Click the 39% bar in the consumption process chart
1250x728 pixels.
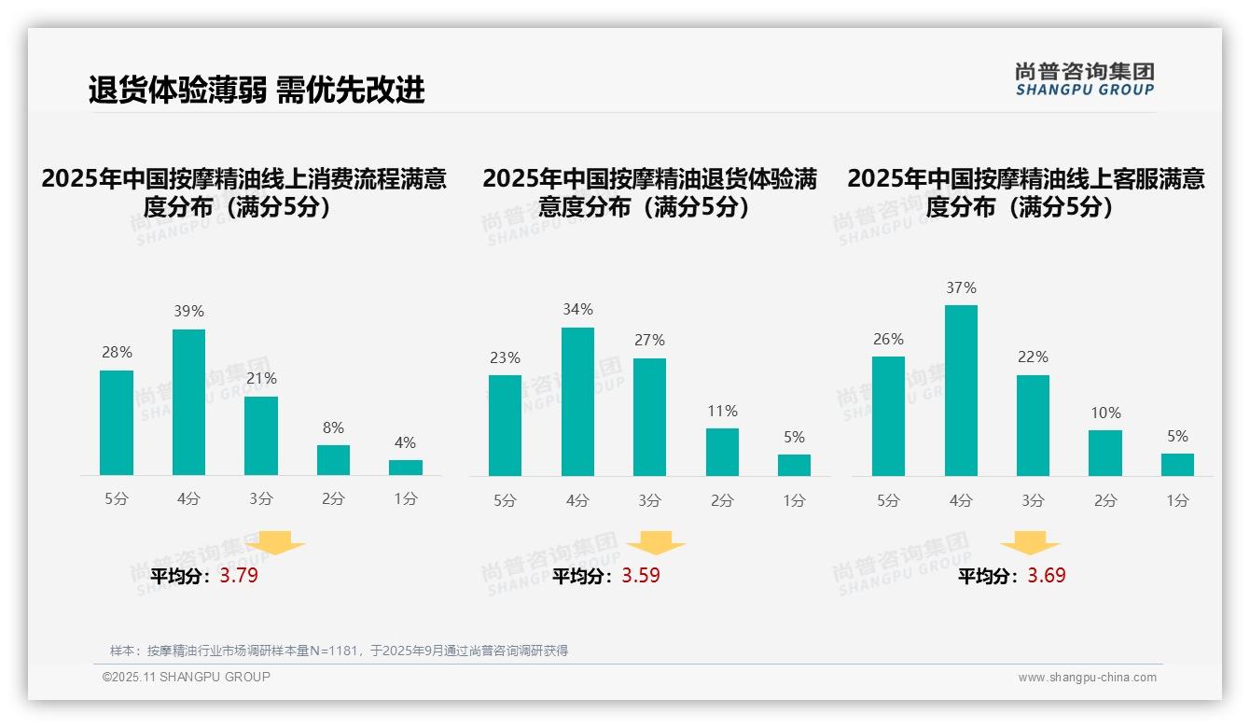click(x=188, y=402)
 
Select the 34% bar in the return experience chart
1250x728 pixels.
click(x=577, y=401)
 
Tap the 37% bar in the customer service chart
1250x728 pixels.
click(x=961, y=390)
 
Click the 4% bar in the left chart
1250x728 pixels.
click(x=406, y=468)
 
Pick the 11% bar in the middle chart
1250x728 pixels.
click(x=722, y=452)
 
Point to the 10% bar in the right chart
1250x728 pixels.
click(x=1105, y=453)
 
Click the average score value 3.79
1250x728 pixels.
click(x=239, y=576)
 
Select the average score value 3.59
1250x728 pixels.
click(x=641, y=576)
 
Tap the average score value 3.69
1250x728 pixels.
click(x=1047, y=576)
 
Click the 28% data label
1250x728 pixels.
click(x=117, y=353)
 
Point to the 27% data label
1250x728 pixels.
click(x=650, y=341)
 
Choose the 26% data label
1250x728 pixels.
click(x=889, y=339)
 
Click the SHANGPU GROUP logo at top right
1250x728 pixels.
click(x=1084, y=79)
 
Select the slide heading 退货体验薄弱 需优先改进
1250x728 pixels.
click(x=257, y=90)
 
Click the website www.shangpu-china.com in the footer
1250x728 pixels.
click(x=1087, y=678)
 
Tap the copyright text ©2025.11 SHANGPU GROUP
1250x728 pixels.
click(x=187, y=677)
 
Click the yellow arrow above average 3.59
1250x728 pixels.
click(x=656, y=543)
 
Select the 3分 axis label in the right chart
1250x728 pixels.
click(x=1033, y=500)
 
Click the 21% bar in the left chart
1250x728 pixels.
click(x=261, y=436)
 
